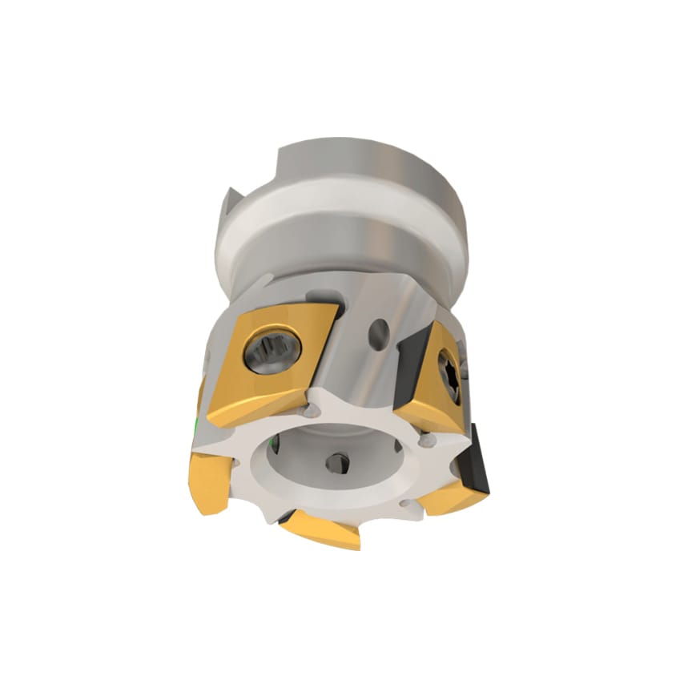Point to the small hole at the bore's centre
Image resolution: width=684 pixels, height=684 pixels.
pos(336,462)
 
